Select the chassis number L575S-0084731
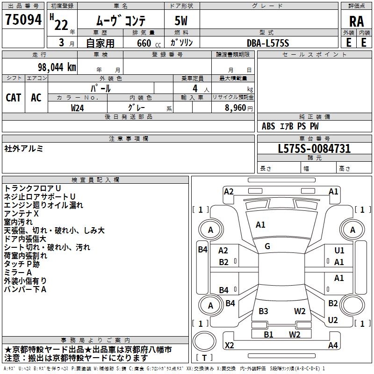point(314,149)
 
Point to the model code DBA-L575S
point(268,43)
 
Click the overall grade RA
point(356,21)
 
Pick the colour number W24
point(78,108)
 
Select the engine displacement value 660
point(143,43)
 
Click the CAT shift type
point(13,97)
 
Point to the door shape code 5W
point(182,21)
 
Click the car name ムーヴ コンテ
point(121,21)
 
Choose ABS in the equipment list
point(268,126)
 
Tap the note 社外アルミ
point(24,149)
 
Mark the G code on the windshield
point(267,246)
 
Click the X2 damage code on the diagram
point(230,345)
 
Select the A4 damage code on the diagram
point(333,345)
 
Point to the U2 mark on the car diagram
point(333,320)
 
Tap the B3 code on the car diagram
point(263,311)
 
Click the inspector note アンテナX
point(22,213)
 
